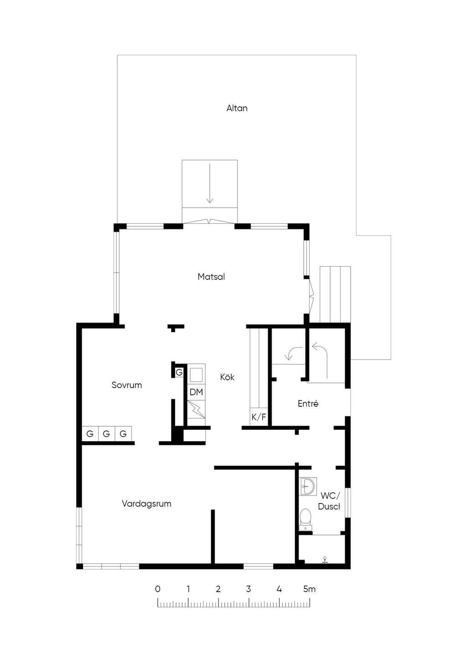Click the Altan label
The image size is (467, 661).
tap(237, 108)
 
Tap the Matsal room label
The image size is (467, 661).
tap(211, 277)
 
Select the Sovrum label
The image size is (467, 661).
tap(126, 385)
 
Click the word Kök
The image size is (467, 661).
tap(227, 377)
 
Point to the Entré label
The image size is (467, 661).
tap(308, 404)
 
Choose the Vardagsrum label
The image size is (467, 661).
tap(146, 504)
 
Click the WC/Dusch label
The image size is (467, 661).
tap(329, 501)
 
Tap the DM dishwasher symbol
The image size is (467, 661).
tap(197, 392)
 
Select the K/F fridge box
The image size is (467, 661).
tap(259, 417)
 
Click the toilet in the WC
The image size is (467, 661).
tap(306, 519)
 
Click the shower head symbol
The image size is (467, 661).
tap(325, 560)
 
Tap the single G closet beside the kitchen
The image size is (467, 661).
tap(179, 372)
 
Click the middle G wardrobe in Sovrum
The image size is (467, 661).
tap(106, 434)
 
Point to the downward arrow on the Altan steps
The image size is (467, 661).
tap(210, 183)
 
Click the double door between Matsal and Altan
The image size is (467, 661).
tap(209, 221)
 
